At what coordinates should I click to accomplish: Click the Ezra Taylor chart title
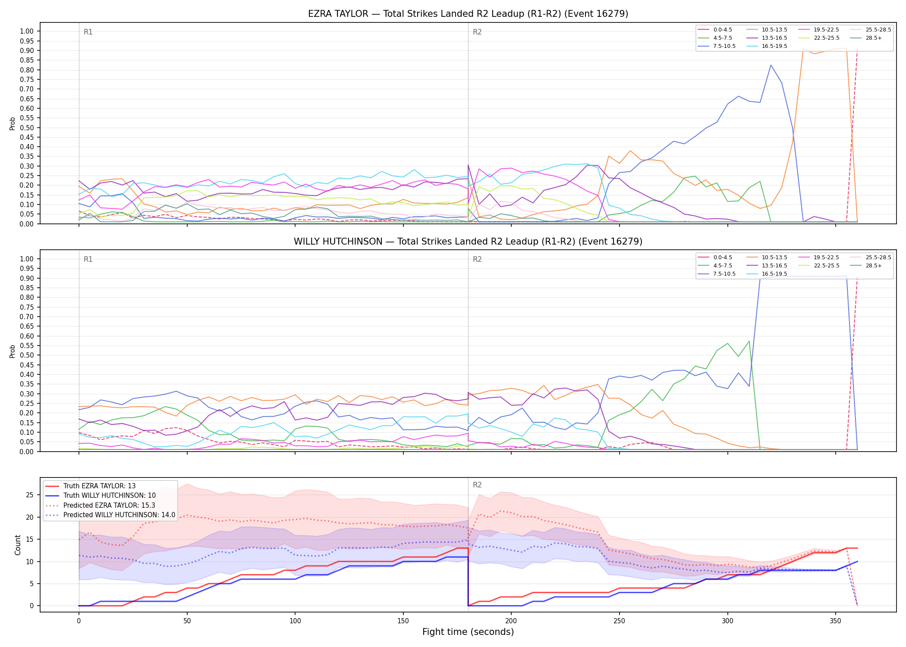468,14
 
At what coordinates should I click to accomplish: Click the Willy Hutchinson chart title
468,242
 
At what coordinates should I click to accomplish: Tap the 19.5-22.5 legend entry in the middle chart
819,258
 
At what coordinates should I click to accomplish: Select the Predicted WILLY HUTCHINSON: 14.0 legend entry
110,515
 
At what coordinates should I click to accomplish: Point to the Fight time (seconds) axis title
468,632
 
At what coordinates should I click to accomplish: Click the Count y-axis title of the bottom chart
18,545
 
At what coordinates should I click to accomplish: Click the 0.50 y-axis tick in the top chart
27,128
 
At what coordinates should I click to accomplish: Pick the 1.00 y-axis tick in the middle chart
27,259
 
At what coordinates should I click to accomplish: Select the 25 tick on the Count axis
30,495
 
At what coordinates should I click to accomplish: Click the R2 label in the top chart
477,32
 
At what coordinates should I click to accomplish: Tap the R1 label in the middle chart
88,259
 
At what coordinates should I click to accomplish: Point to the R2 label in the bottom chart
477,485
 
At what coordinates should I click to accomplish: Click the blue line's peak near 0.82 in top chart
771,65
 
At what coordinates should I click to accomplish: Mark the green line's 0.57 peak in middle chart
749,341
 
